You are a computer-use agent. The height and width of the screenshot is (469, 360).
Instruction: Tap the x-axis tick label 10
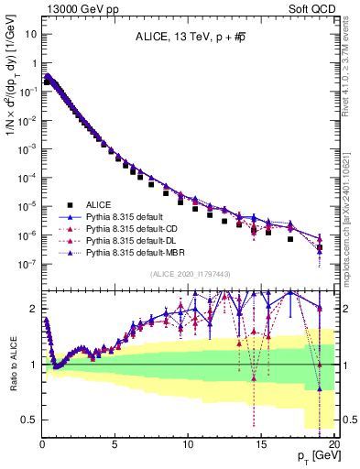[188, 444]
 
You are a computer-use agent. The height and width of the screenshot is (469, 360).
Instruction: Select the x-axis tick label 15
[261, 444]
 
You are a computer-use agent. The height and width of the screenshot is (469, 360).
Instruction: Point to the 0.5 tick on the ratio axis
[29, 420]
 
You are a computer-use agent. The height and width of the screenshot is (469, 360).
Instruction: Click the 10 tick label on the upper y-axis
[29, 35]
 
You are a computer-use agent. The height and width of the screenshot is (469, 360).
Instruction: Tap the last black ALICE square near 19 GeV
[319, 247]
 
